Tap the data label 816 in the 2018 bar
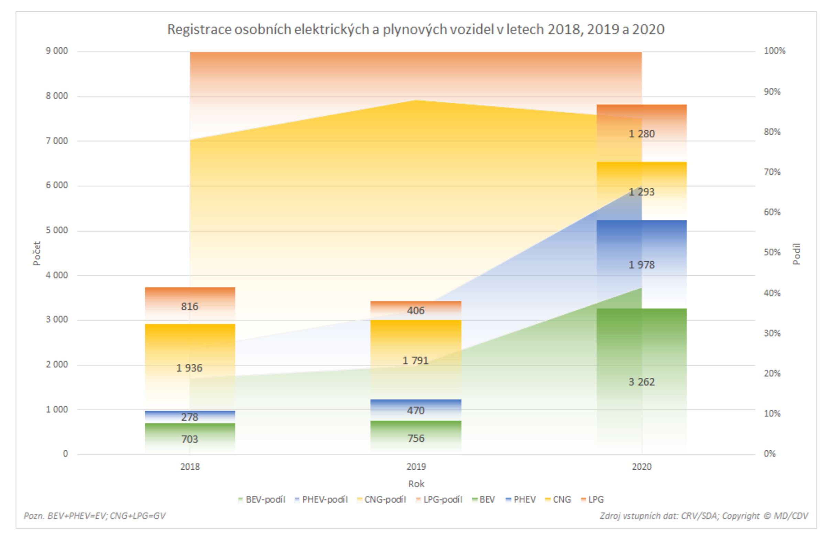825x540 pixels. click(190, 307)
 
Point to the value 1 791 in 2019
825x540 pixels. click(415, 361)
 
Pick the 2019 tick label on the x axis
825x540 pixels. click(416, 467)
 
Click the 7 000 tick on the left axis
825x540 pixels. click(57, 141)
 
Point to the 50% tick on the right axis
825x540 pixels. click(772, 252)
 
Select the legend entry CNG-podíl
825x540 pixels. click(385, 499)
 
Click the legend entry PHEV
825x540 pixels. click(524, 499)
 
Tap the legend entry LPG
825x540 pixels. click(595, 499)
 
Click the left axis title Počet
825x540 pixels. click(37, 253)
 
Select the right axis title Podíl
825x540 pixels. click(797, 254)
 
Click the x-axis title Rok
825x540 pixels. click(416, 484)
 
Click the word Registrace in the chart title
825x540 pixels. click(199, 30)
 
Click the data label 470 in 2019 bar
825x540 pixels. click(415, 411)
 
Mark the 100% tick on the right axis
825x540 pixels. click(774, 51)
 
